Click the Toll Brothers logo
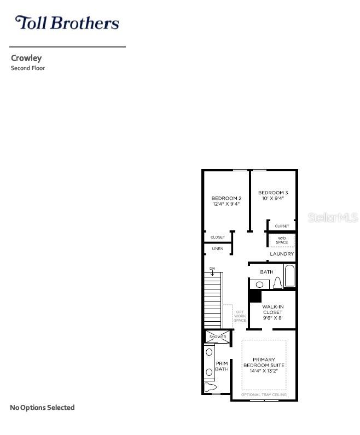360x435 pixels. click(67, 22)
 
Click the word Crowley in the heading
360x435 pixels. click(26, 58)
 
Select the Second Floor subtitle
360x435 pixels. click(28, 68)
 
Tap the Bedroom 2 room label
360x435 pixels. click(227, 198)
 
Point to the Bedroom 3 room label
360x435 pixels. click(273, 193)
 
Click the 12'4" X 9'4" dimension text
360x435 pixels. click(227, 204)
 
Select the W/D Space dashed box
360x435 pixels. click(282, 240)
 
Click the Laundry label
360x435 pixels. click(282, 254)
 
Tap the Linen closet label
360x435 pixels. click(217, 249)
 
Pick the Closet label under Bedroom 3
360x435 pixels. click(282, 226)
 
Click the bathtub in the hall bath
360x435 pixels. click(289, 276)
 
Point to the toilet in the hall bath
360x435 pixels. click(277, 282)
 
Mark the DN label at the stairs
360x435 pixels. click(212, 268)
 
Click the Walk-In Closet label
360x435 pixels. click(272, 310)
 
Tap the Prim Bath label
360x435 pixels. click(222, 366)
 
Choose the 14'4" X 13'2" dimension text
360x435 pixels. click(264, 371)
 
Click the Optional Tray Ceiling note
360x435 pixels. click(264, 395)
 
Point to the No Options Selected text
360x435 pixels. click(42, 408)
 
